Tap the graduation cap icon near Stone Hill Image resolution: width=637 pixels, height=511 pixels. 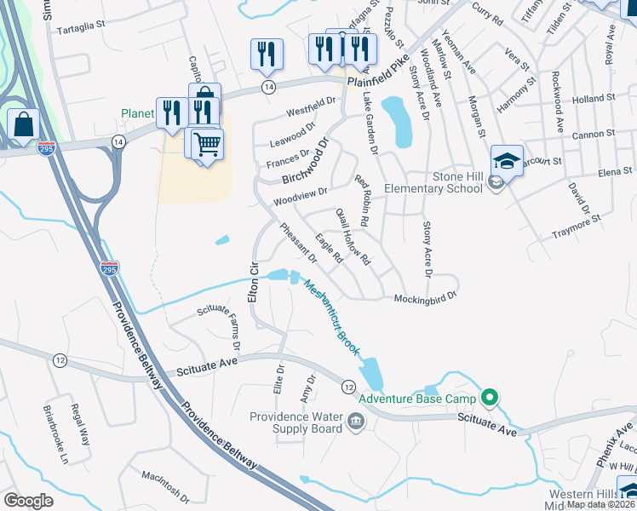pyautogui.click(x=507, y=160)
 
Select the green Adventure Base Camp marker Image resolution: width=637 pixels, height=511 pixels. pyautogui.click(x=489, y=398)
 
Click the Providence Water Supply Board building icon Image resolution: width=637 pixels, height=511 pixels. pyautogui.click(x=355, y=421)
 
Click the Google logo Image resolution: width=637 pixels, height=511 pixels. pyautogui.click(x=28, y=501)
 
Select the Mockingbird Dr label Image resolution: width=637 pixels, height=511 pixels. pyautogui.click(x=426, y=298)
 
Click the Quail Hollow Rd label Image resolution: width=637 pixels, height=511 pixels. pyautogui.click(x=354, y=247)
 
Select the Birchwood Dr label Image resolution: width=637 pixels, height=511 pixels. pyautogui.click(x=305, y=162)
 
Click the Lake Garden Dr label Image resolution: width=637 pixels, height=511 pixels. pyautogui.click(x=370, y=123)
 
